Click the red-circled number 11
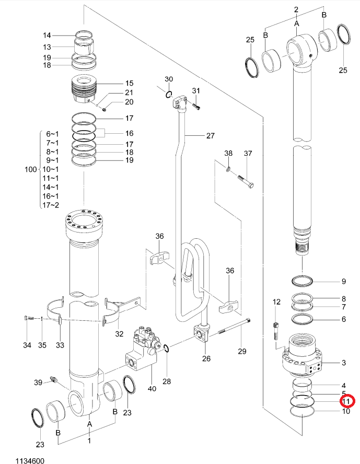point(346,402)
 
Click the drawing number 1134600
point(30,461)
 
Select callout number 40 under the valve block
point(152,388)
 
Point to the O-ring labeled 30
point(169,95)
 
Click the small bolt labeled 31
point(196,106)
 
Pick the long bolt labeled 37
point(245,181)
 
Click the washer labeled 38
point(228,169)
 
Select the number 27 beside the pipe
point(211,136)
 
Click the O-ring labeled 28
point(167,349)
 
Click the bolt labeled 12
point(275,331)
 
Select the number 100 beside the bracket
point(30,170)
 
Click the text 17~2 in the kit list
point(51,205)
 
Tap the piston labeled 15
point(85,89)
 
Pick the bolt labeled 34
point(28,318)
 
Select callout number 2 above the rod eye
point(296,9)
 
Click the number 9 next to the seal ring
point(343,281)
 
